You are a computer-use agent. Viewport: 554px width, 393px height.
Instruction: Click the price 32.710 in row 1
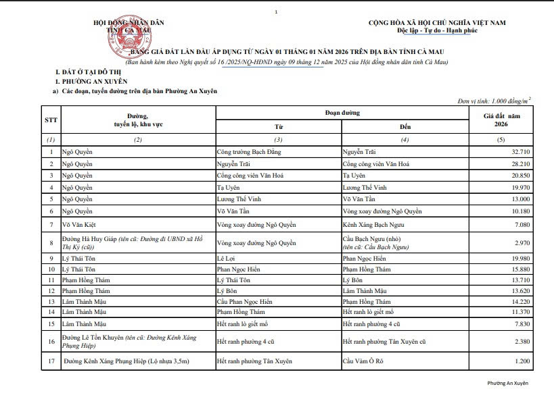(x=521, y=152)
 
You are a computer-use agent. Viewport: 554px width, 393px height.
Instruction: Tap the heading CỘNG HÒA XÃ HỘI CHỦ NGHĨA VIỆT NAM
(x=437, y=23)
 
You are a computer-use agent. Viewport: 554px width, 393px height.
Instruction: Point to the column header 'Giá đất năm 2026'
(x=501, y=121)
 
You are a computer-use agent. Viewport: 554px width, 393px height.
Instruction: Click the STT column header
(x=51, y=120)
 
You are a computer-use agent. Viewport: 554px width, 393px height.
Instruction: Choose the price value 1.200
(x=522, y=362)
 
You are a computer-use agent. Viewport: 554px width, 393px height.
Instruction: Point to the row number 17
(x=51, y=362)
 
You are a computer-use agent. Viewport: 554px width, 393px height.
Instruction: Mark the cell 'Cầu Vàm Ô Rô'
(x=363, y=362)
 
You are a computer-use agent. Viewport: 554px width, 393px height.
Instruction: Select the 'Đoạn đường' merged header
(x=342, y=113)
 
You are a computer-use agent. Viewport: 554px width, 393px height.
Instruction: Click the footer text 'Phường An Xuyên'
(x=507, y=383)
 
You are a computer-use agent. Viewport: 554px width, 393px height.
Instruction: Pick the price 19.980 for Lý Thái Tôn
(x=521, y=258)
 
